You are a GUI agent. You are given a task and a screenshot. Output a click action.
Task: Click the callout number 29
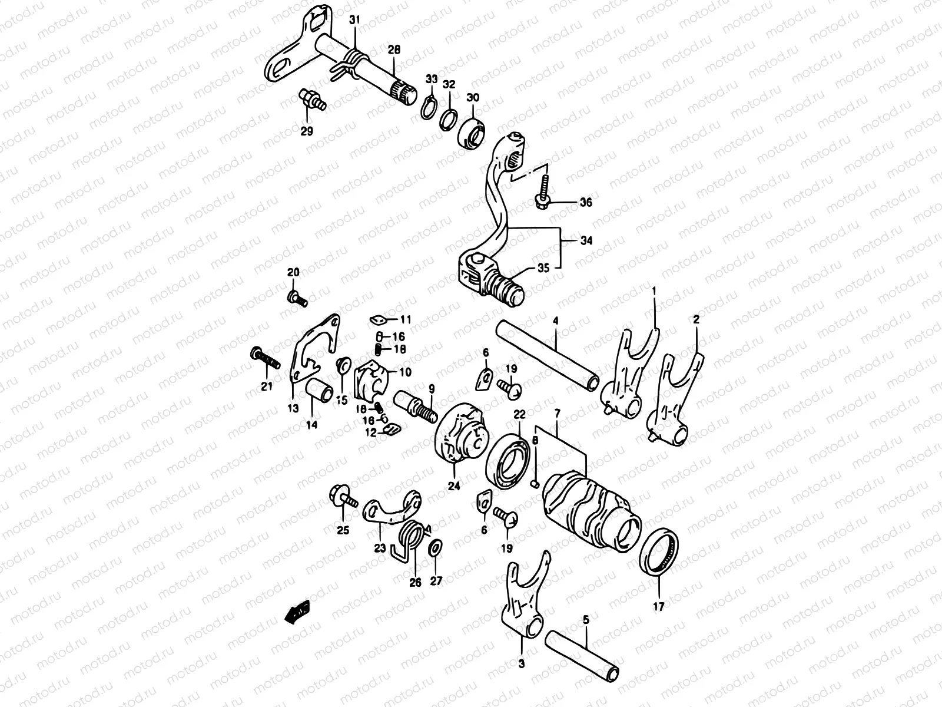(307, 131)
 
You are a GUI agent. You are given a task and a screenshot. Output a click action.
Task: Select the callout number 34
(586, 241)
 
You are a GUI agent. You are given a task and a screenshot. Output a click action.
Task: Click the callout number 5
(585, 620)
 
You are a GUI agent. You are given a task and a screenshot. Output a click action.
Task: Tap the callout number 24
(455, 487)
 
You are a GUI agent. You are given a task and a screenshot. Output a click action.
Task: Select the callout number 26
(416, 583)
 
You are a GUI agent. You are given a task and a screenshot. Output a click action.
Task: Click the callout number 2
(696, 321)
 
